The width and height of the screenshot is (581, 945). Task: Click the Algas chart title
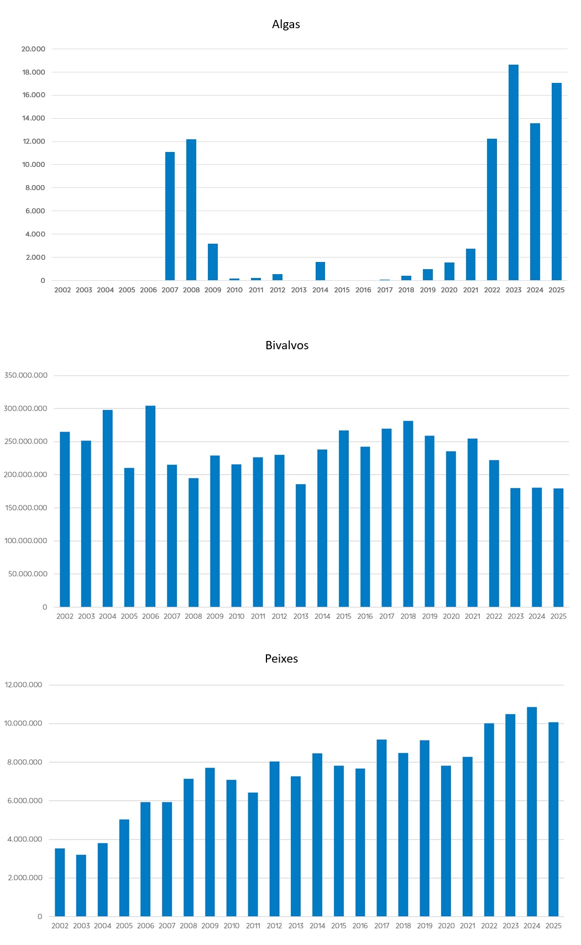click(x=286, y=24)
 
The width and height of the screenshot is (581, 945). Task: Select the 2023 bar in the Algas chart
click(x=514, y=172)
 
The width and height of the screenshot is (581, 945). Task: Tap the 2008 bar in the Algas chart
click(x=191, y=209)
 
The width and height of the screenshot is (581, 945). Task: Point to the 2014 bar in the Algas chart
click(x=320, y=271)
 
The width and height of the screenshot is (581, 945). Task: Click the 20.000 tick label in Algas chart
click(x=33, y=49)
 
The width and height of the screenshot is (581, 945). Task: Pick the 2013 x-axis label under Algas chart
click(x=299, y=290)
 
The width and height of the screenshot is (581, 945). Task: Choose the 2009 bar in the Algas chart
click(x=213, y=262)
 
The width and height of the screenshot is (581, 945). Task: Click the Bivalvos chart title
click(x=287, y=345)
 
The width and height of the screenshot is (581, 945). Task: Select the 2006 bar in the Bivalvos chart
click(x=150, y=506)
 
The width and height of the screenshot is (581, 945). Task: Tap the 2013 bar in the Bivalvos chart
click(x=300, y=545)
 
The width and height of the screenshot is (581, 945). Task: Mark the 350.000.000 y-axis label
click(x=26, y=375)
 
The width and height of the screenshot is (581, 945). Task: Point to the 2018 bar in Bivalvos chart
click(x=408, y=514)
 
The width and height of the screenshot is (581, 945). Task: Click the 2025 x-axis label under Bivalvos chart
click(x=558, y=616)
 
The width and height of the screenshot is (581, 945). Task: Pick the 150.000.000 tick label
click(x=26, y=508)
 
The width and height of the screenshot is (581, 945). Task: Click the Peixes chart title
click(x=281, y=659)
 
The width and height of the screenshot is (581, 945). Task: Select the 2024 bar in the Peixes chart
click(x=532, y=811)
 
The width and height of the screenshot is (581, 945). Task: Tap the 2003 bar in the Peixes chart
click(x=81, y=885)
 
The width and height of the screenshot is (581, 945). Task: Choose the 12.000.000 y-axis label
click(x=24, y=685)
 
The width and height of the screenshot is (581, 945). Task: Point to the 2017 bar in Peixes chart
click(x=381, y=828)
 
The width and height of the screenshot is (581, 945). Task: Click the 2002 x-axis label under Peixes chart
click(x=60, y=926)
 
